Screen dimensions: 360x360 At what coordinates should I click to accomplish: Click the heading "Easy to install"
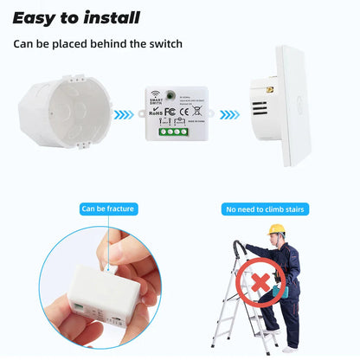pyautogui.click(x=76, y=17)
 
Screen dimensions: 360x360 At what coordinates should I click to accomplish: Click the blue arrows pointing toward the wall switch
pyautogui.click(x=229, y=113)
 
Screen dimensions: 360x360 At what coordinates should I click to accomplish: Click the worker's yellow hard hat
pyautogui.click(x=276, y=229)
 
